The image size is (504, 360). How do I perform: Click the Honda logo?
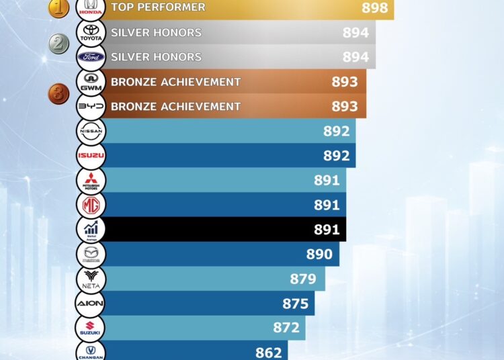click(90, 8)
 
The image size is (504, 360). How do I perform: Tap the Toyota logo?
click(90, 32)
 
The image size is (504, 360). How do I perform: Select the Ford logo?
click(90, 57)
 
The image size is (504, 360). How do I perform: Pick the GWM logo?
click(90, 82)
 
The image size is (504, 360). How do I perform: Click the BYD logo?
click(90, 106)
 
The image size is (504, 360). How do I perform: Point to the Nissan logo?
click(90, 131)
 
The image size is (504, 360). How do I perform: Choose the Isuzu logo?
click(90, 156)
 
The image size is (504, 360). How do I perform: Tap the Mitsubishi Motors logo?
click(90, 180)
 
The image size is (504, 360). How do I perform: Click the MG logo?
click(90, 205)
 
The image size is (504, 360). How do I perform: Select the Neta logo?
click(90, 279)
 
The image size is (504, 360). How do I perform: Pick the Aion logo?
click(90, 304)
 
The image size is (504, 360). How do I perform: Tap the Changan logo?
click(90, 351)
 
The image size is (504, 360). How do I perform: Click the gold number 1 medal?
click(58, 7)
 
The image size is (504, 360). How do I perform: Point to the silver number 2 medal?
click(59, 44)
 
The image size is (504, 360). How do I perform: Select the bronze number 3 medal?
click(58, 93)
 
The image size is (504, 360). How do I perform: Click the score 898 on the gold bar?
click(375, 8)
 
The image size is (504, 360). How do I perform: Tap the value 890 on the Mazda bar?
click(319, 254)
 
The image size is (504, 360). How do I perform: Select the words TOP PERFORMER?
click(158, 7)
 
